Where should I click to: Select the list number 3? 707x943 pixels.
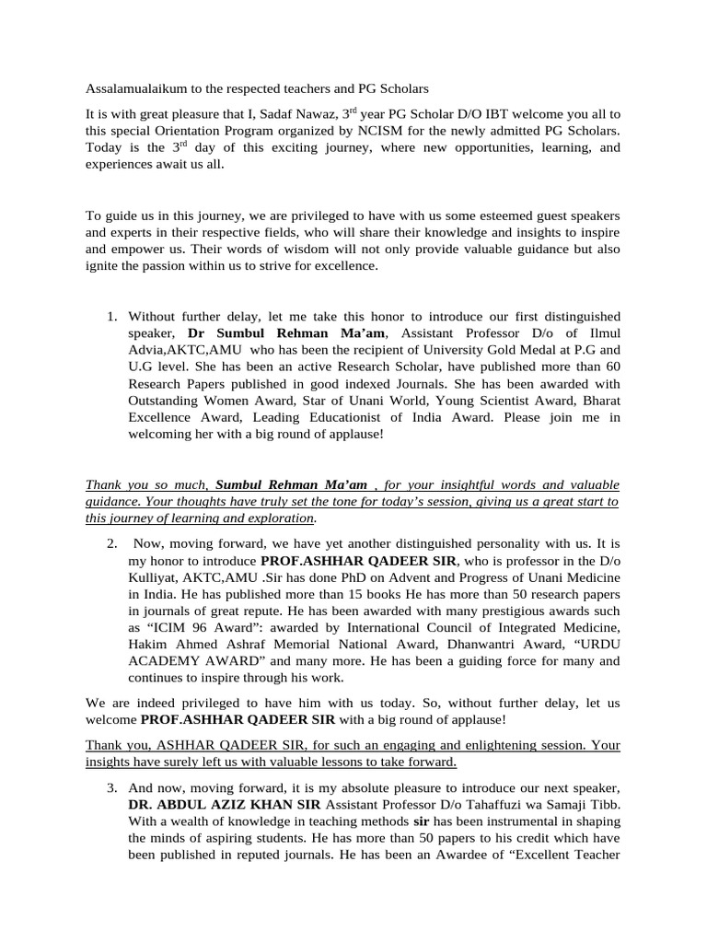tap(111, 788)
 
